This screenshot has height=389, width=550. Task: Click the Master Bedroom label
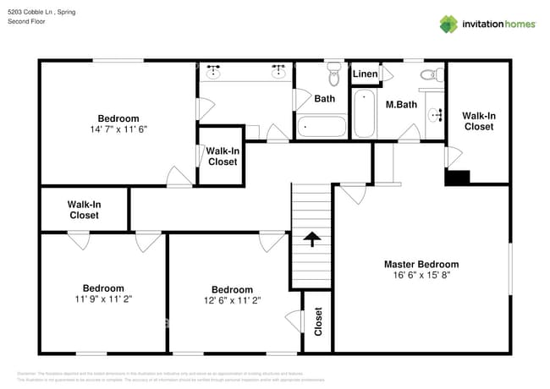421,264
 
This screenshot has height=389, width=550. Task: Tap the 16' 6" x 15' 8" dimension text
421,275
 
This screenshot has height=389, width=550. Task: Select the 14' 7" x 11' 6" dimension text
118,129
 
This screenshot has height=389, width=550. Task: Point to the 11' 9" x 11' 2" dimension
103,299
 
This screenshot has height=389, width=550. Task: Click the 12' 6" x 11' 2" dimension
232,299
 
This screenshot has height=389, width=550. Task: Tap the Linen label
366,74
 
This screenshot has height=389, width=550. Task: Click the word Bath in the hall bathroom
325,99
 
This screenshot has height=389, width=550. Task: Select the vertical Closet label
318,322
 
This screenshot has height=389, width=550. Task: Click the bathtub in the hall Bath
322,127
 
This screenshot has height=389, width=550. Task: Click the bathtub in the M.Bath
364,114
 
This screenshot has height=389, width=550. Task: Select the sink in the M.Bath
435,114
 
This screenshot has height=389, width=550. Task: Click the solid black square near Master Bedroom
458,178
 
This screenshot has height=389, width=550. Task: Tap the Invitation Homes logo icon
448,24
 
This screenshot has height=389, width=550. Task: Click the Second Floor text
26,21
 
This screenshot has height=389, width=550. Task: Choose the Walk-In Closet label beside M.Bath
478,121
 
